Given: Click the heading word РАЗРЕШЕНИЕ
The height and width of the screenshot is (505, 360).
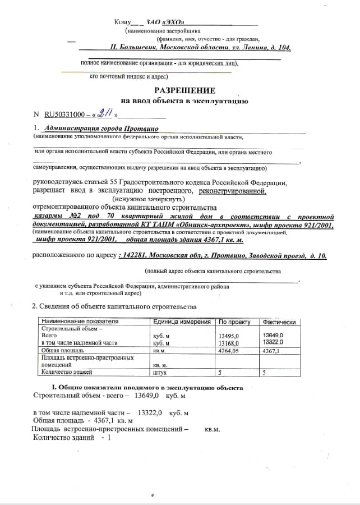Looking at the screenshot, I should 184,90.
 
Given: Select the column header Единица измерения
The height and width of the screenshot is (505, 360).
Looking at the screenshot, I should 182,322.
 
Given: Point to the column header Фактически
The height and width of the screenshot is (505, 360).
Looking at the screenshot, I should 279,322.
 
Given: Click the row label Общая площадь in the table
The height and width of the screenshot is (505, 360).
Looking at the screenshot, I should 63,350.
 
